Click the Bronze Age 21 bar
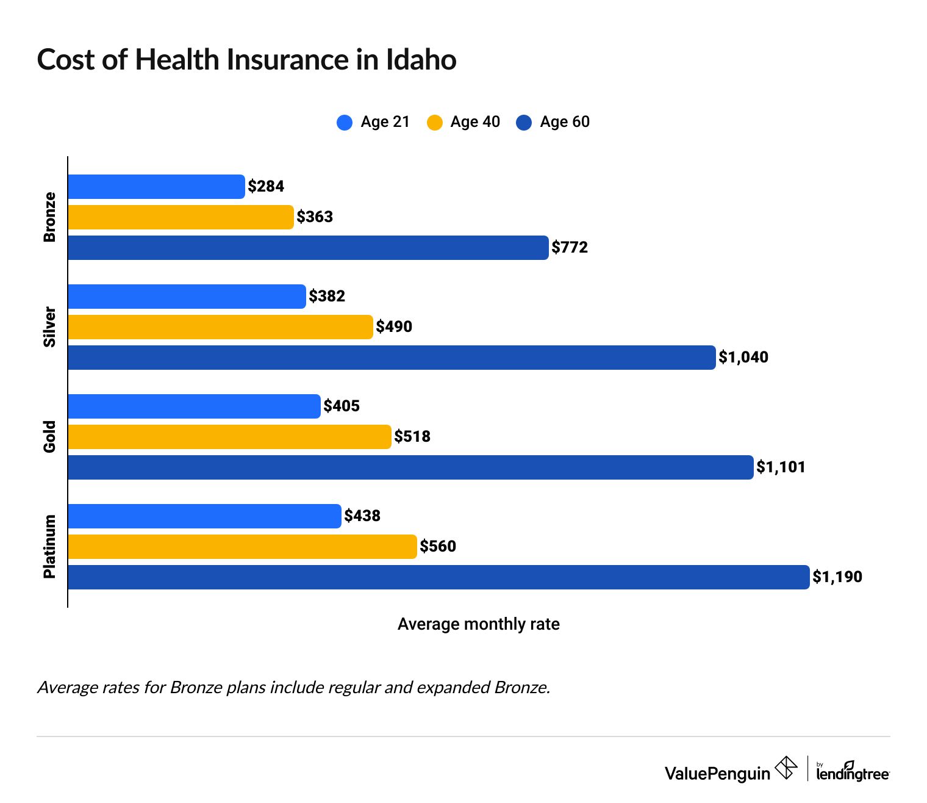point(156,187)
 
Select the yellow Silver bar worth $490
point(220,327)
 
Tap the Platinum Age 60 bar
point(438,577)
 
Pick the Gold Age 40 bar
point(229,437)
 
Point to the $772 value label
point(570,248)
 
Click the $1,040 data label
point(743,358)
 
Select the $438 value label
point(362,516)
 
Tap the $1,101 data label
point(781,467)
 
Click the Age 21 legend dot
point(345,123)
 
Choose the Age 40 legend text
point(475,122)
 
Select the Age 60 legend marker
point(524,123)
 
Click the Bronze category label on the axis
point(49,217)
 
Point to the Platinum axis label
point(49,547)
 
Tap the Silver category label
point(49,327)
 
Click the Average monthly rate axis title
point(478,624)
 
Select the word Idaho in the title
point(421,60)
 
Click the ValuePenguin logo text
point(717,774)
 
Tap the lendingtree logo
point(852,771)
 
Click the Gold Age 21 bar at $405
point(194,406)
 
